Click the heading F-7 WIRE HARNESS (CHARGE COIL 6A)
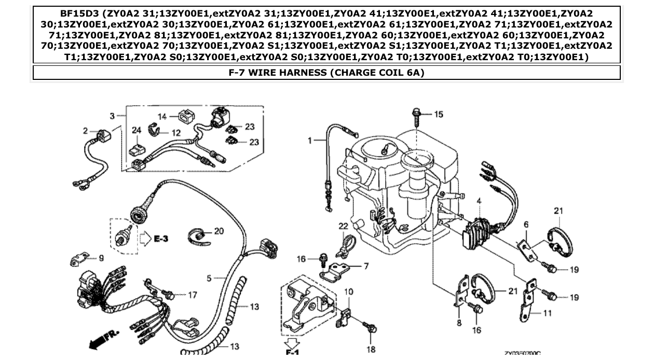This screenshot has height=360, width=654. click(326, 73)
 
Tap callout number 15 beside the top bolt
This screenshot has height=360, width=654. click(439, 114)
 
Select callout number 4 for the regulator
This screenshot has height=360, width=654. click(479, 201)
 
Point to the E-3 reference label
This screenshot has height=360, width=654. click(161, 239)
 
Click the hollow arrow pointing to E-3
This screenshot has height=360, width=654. click(146, 239)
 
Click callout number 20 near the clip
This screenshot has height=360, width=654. click(219, 231)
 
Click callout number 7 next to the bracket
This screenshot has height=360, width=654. click(366, 266)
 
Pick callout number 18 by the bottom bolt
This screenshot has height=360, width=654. click(371, 349)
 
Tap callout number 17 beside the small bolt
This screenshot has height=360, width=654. click(193, 295)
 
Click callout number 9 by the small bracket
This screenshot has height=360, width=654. click(101, 258)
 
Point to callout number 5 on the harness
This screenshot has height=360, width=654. click(209, 279)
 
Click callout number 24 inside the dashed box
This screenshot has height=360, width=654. click(136, 131)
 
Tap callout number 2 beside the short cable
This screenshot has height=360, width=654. click(86, 131)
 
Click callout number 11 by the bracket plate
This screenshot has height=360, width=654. click(547, 313)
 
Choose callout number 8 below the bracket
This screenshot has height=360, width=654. click(459, 323)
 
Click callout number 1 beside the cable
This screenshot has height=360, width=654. click(310, 140)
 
